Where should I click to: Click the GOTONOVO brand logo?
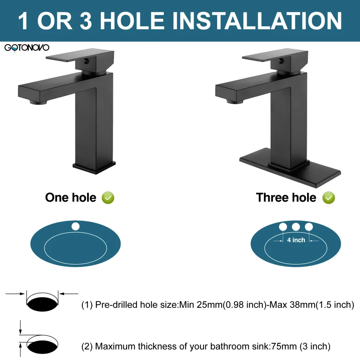[27, 48]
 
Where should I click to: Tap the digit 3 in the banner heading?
[86, 21]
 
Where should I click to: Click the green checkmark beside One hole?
[108, 198]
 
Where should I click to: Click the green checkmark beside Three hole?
[329, 198]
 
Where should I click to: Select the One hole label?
[71, 197]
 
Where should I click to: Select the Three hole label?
[286, 197]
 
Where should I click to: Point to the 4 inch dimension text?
[296, 240]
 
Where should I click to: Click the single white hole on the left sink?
[76, 226]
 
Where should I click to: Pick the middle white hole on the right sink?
[296, 227]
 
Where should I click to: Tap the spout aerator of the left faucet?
[38, 102]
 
